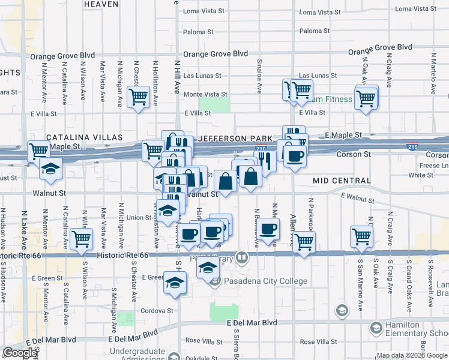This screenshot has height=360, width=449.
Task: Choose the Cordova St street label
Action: click(157, 311)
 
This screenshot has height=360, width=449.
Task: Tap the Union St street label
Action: click(139, 217)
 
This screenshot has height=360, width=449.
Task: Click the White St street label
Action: click(417, 175)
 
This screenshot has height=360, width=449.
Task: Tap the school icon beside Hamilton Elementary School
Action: click(376, 328)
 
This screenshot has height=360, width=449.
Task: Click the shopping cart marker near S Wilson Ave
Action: click(81, 239)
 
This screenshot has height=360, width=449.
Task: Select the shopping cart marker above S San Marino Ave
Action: click(362, 236)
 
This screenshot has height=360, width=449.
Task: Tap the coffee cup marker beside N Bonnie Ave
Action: click(270, 227)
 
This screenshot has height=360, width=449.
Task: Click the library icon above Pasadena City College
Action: click(242, 258)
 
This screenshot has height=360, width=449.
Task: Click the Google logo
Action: click(20, 353)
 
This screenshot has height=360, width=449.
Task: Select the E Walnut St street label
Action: click(358, 198)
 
